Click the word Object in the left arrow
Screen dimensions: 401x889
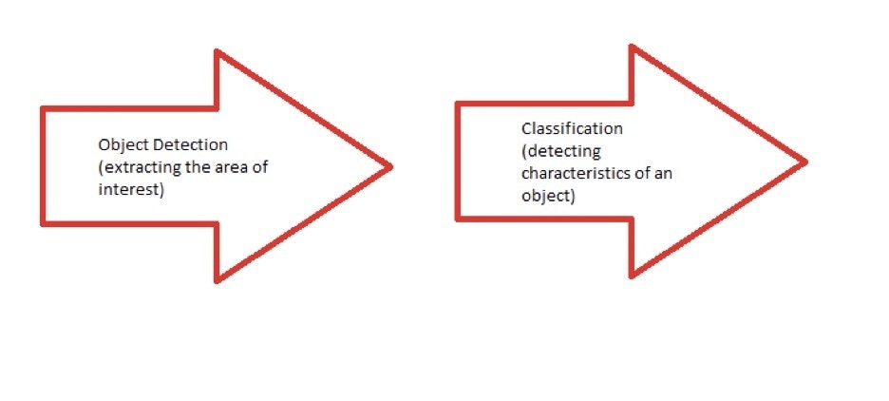point(119,145)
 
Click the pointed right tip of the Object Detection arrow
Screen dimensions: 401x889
point(390,167)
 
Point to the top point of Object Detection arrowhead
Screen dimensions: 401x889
point(218,51)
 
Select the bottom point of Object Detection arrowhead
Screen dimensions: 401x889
point(218,281)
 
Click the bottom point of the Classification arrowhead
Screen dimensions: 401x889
point(633,277)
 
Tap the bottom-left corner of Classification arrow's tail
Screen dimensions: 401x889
point(458,219)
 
